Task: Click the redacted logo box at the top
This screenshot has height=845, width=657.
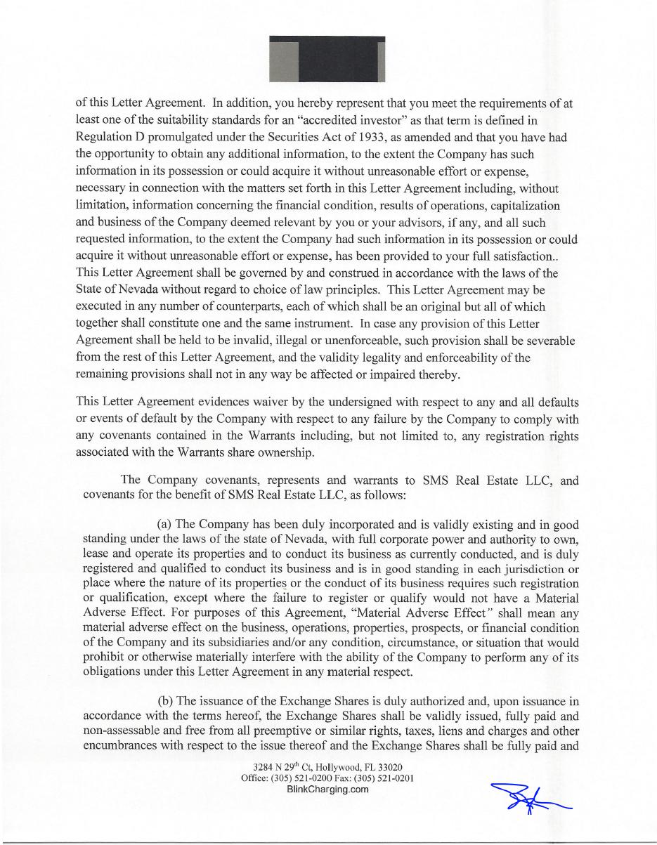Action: (327, 59)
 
